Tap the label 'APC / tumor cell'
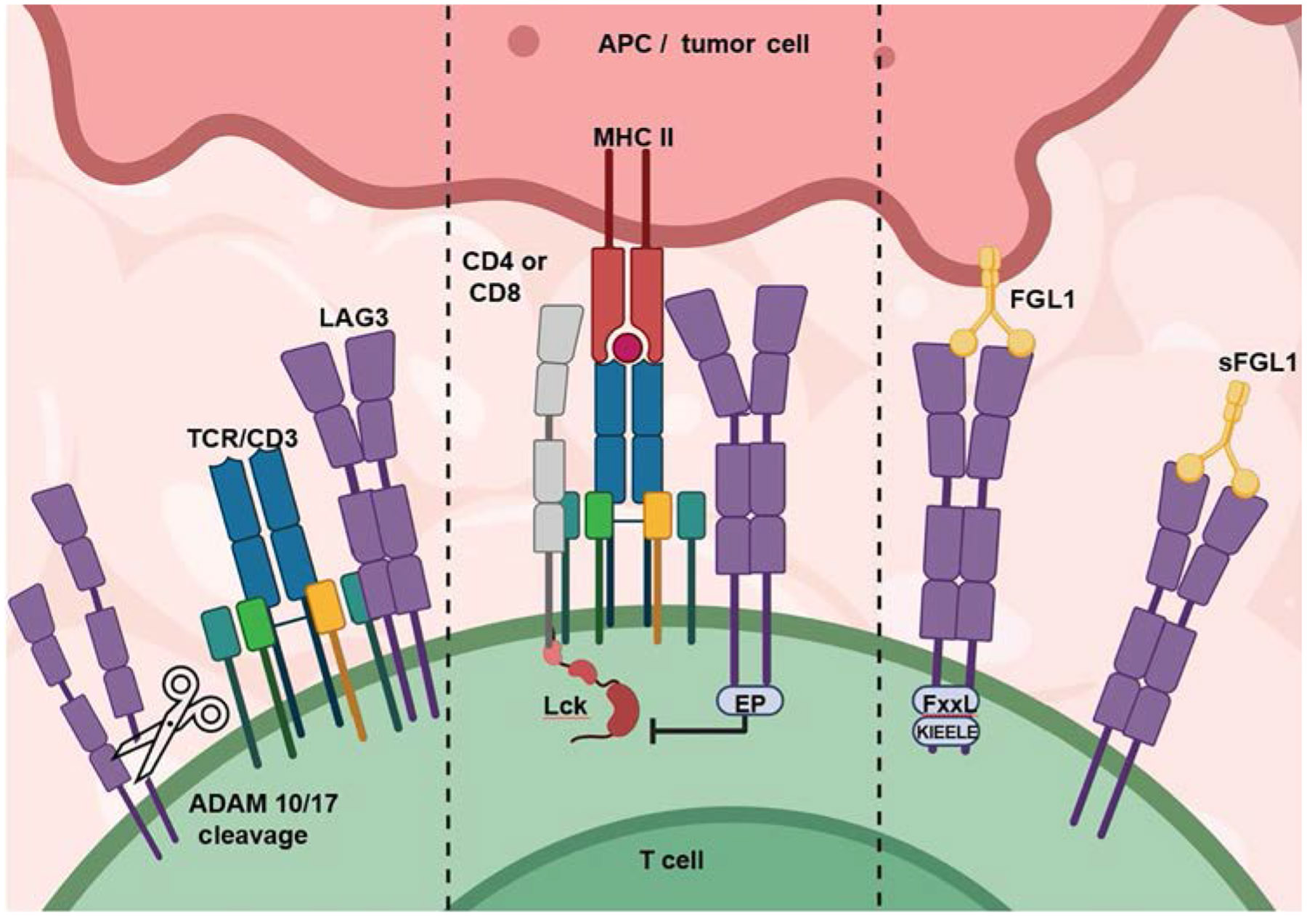(x=703, y=44)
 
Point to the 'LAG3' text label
(x=354, y=318)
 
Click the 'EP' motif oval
(x=750, y=702)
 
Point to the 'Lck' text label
(x=566, y=705)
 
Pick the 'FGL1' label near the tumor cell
(x=1042, y=298)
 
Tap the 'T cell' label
(x=672, y=861)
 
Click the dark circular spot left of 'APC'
(x=523, y=41)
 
